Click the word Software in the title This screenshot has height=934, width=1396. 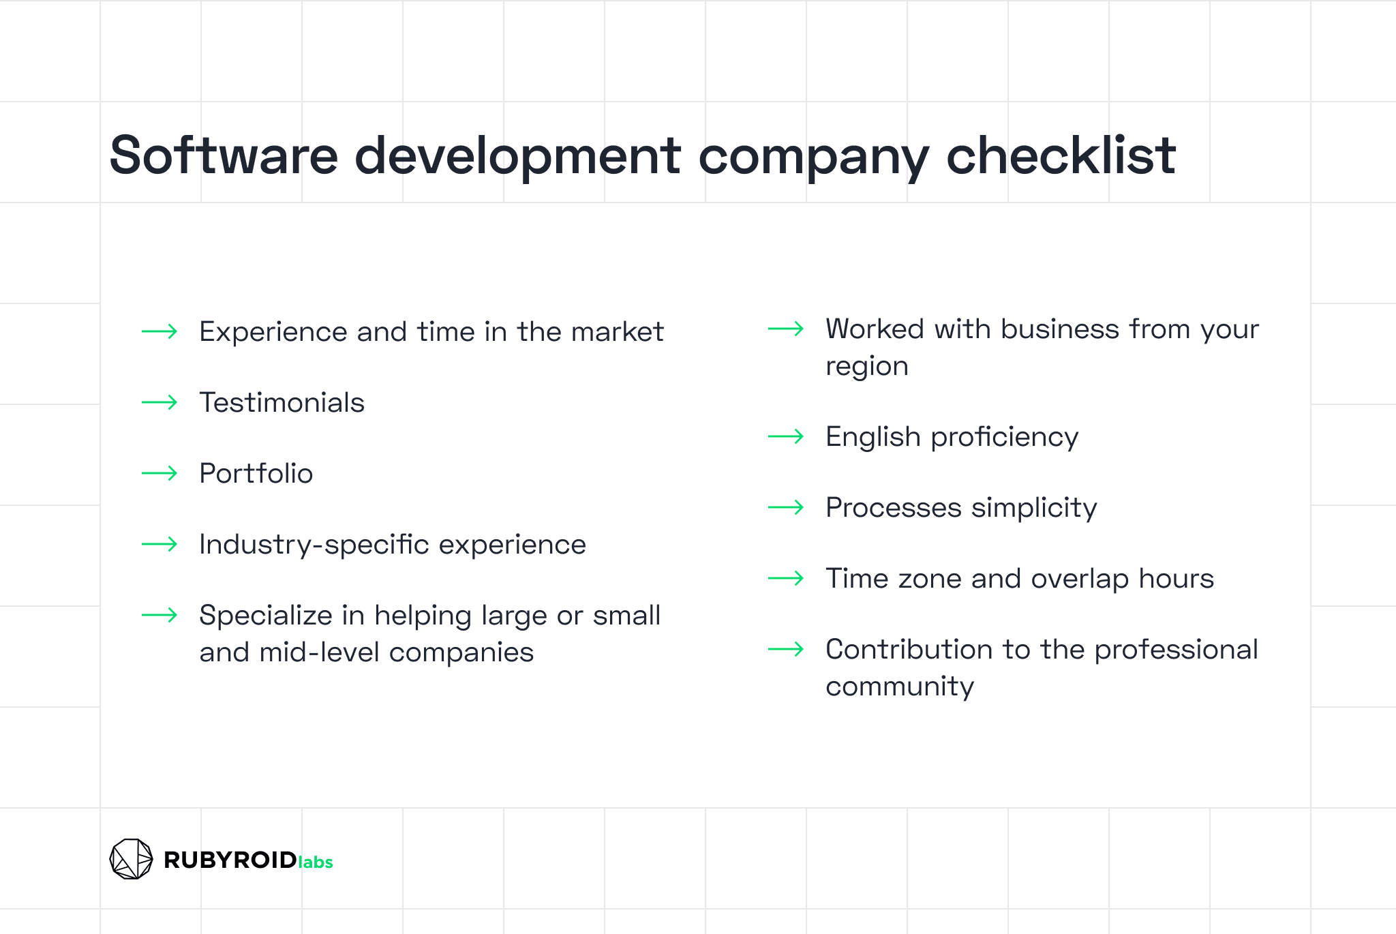click(x=224, y=155)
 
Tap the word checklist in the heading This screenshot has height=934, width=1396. click(x=1061, y=155)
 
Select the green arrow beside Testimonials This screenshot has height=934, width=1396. click(x=160, y=402)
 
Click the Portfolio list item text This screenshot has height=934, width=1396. click(x=256, y=473)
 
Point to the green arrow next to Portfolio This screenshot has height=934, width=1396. click(x=160, y=473)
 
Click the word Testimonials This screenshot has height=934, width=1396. click(x=282, y=402)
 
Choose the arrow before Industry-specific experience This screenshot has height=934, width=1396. click(x=160, y=544)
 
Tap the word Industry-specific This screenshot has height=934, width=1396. click(x=314, y=545)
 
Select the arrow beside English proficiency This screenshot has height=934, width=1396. click(x=786, y=436)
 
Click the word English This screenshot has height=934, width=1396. click(x=873, y=437)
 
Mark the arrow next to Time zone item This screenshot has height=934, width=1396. click(x=786, y=578)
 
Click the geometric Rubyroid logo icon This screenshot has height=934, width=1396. click(x=131, y=859)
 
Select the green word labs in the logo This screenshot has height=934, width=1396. click(x=316, y=862)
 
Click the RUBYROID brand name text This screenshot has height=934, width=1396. click(x=230, y=860)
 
